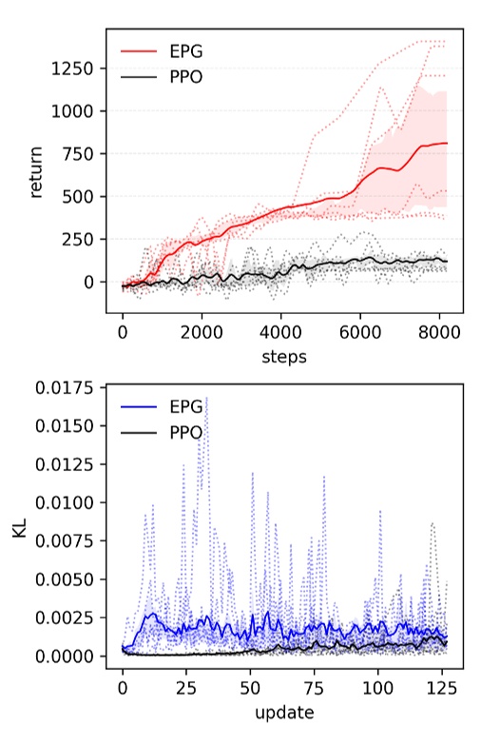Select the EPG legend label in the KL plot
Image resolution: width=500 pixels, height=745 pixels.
(x=185, y=406)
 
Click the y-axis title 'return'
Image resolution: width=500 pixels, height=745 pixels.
(x=37, y=176)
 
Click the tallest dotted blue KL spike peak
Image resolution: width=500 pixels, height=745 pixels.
(x=206, y=398)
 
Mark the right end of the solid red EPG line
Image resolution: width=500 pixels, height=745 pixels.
(x=447, y=143)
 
